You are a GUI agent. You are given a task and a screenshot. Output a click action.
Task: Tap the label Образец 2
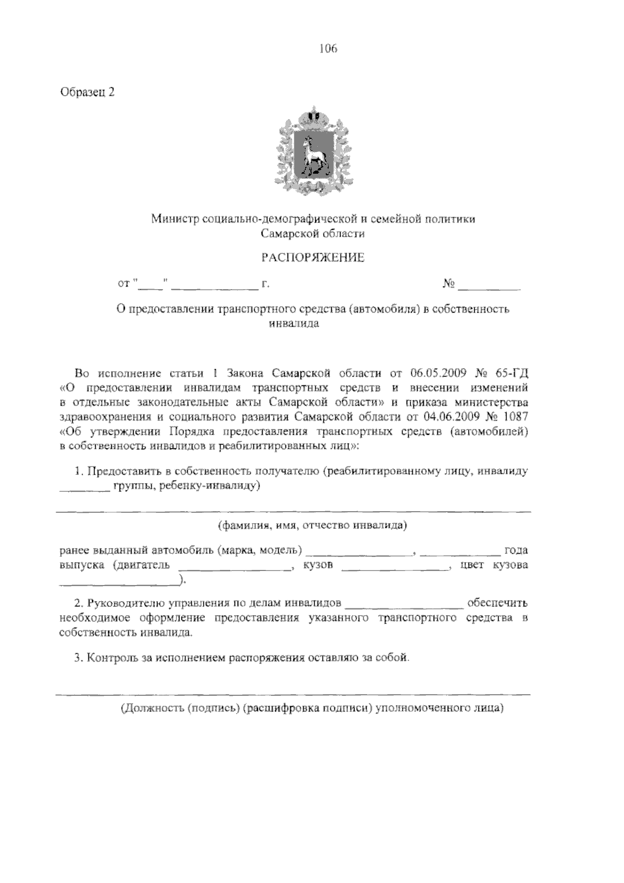click(87, 92)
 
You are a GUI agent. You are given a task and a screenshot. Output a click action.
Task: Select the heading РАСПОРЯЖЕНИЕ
click(313, 257)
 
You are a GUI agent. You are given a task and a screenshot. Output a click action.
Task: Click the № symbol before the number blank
click(449, 284)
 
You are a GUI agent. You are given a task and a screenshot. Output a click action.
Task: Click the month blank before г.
click(215, 285)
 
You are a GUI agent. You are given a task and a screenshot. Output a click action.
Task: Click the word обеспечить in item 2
click(498, 603)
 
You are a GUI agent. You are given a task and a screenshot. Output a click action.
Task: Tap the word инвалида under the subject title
click(294, 323)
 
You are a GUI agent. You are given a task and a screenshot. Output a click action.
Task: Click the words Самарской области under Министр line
click(313, 233)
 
